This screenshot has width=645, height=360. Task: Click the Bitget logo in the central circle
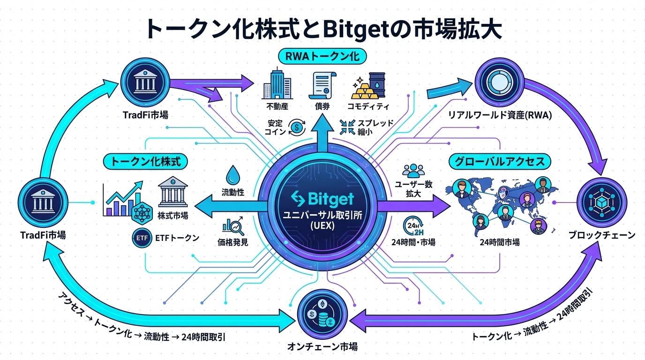322,198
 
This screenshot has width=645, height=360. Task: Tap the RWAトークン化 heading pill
322,57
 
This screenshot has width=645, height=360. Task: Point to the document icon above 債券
322,84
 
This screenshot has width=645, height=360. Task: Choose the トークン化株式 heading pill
145,162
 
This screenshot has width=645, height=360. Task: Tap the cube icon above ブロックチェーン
600,202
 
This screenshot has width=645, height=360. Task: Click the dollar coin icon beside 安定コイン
297,126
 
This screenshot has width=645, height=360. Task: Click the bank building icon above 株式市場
173,192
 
